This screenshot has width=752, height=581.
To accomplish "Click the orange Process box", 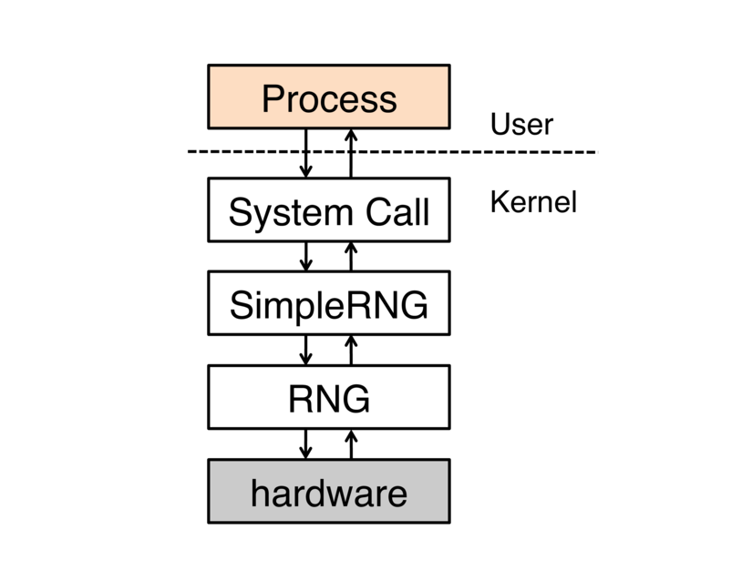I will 328,97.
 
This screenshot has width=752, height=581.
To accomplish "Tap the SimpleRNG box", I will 328,303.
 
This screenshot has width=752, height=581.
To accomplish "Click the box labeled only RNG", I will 328,397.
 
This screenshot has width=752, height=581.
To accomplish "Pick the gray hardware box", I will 328,492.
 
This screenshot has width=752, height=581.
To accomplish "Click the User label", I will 521,124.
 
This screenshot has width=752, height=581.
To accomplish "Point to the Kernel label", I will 533,201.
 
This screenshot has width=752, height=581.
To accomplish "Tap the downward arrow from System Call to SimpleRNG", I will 306,256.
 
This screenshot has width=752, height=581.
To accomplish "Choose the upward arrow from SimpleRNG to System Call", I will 351,256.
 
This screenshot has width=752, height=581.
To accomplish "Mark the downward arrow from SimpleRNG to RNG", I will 306,350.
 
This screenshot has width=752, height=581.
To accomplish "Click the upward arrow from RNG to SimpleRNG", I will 351,350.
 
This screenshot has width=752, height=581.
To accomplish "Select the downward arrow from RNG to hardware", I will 306,443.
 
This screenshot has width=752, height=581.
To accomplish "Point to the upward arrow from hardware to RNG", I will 351,443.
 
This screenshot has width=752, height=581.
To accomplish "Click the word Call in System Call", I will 397,212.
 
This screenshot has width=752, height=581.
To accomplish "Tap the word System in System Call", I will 279,212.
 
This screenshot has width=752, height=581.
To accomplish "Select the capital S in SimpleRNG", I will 240,305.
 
